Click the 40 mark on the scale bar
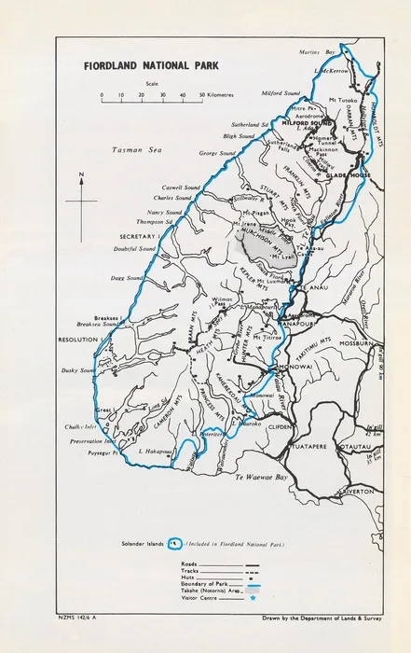pyautogui.click(x=182, y=96)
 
